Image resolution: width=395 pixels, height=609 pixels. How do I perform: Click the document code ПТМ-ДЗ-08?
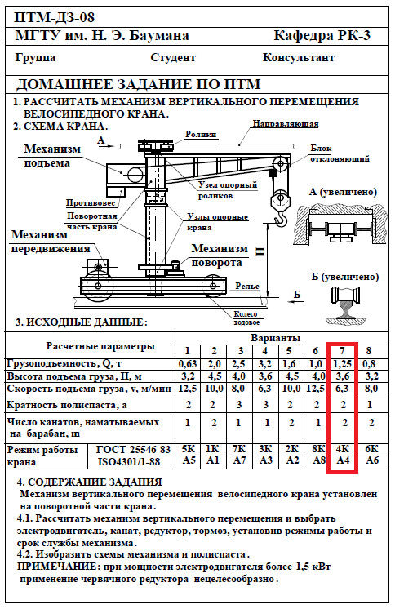pos(54,17)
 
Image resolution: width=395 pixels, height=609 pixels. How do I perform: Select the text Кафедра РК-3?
pos(322,36)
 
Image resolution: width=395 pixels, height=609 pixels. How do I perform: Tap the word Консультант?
pos(298,58)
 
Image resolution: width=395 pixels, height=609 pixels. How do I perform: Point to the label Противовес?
pos(91,202)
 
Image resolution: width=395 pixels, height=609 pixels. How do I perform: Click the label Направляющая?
pos(286,124)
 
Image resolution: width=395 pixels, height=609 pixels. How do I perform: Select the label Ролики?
pos(201,135)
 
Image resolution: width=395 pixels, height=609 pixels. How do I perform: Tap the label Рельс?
pos(247,287)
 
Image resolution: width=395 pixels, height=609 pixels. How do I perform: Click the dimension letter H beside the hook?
pos(260,251)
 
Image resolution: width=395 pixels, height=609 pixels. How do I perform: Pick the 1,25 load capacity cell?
pos(342,364)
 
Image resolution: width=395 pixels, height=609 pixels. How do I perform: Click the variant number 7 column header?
pos(342,351)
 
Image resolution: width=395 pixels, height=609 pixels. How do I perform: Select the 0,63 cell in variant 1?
pos(188,364)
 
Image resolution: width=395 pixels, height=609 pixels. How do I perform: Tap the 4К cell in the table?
pos(342,449)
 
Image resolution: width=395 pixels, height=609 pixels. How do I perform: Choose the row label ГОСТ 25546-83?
pos(133,449)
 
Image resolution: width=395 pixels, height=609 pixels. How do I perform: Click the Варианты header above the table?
pos(275,338)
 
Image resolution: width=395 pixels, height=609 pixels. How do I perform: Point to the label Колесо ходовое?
pos(246,318)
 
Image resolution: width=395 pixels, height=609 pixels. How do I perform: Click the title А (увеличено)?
pos(343,192)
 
